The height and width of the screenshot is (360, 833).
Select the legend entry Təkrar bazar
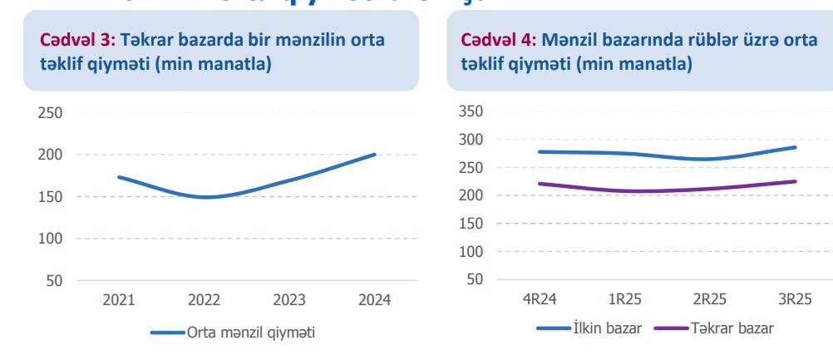732,328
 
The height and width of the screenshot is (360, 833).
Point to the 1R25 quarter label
624,298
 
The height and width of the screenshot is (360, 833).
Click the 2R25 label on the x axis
710,298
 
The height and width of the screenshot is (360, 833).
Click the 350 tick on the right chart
470,111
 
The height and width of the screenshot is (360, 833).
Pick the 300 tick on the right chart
470,140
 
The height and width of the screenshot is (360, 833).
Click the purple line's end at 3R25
796,181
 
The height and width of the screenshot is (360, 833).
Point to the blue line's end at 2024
375,154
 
